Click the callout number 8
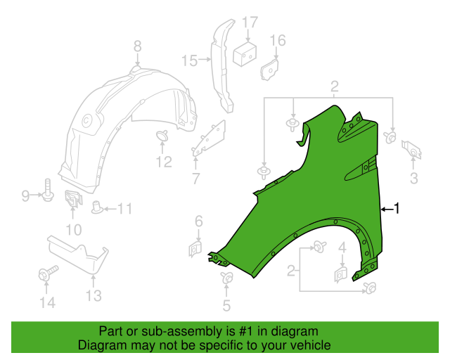coord(138,46)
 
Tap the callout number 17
coord(250,22)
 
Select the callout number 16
coord(278,41)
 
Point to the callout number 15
coord(190,60)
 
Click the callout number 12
coord(164,162)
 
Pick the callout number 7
coord(195,179)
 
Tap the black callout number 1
coord(397,208)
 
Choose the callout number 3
coord(413,179)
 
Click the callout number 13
coord(94,295)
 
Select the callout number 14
coord(47,302)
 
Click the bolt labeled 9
coord(48,190)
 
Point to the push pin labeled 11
coord(97,208)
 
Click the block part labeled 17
coord(245,53)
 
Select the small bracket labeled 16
coord(269,70)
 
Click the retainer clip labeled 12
coord(162,135)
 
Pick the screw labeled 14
coord(48,272)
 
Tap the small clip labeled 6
coord(195,249)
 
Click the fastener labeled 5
coord(226,277)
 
